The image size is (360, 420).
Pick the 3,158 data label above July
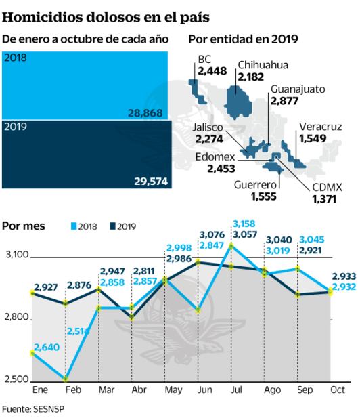[244, 223]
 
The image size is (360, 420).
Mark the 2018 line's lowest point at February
[66, 379]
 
